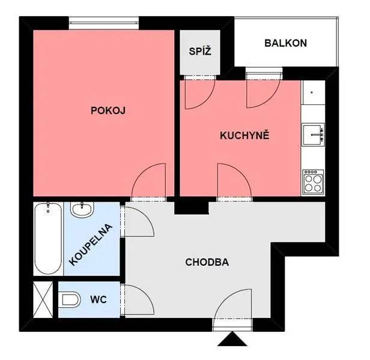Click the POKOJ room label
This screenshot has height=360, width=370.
click(x=108, y=110)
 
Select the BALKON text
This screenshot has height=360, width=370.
click(x=285, y=43)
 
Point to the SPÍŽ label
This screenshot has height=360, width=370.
click(x=200, y=51)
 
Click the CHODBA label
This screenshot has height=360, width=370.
click(x=207, y=262)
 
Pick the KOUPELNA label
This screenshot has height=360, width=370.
click(x=91, y=245)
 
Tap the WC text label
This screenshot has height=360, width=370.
click(x=99, y=299)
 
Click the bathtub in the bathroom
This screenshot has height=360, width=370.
click(x=48, y=239)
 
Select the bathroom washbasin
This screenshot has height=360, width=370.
click(x=82, y=210)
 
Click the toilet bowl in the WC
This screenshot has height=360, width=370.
click(x=70, y=299)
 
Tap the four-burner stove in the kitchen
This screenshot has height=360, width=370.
click(x=313, y=182)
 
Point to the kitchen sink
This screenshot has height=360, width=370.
click(x=314, y=134)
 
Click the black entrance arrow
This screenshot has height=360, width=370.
click(x=232, y=339)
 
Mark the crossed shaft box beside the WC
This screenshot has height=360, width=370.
click(x=43, y=299)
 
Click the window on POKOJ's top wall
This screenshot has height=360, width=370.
click(x=104, y=23)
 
